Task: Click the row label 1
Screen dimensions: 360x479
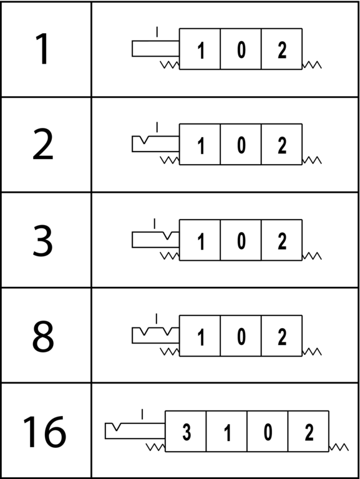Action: point(42,49)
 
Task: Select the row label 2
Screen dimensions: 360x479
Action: point(43,144)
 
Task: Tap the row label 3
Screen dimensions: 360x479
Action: point(42,239)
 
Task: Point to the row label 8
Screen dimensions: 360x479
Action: point(43,336)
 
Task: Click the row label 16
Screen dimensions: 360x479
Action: point(44,432)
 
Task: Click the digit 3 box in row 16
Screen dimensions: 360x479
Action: point(185,431)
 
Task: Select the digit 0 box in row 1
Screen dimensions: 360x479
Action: point(241,49)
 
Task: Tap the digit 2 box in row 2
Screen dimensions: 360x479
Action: point(282,144)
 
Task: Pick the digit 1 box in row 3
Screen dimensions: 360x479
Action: point(200,239)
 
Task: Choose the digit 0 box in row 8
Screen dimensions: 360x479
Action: point(241,336)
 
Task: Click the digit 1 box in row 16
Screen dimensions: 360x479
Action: point(226,431)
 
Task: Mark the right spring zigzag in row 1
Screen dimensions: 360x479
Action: point(312,65)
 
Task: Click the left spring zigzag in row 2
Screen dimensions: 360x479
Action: point(170,160)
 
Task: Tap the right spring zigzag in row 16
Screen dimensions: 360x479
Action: point(339,447)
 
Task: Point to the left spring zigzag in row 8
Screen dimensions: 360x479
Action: point(170,352)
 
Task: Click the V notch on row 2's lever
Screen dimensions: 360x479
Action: point(144,140)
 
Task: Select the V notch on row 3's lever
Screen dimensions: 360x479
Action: point(167,236)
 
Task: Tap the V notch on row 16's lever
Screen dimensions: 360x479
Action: point(116,427)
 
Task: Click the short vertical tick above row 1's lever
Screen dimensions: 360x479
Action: point(157,32)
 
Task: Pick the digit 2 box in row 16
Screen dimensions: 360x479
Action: point(308,431)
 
